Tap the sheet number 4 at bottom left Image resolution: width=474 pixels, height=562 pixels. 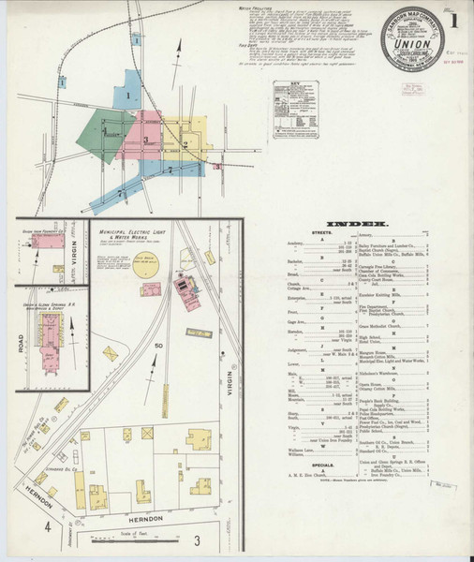coord(46,527)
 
